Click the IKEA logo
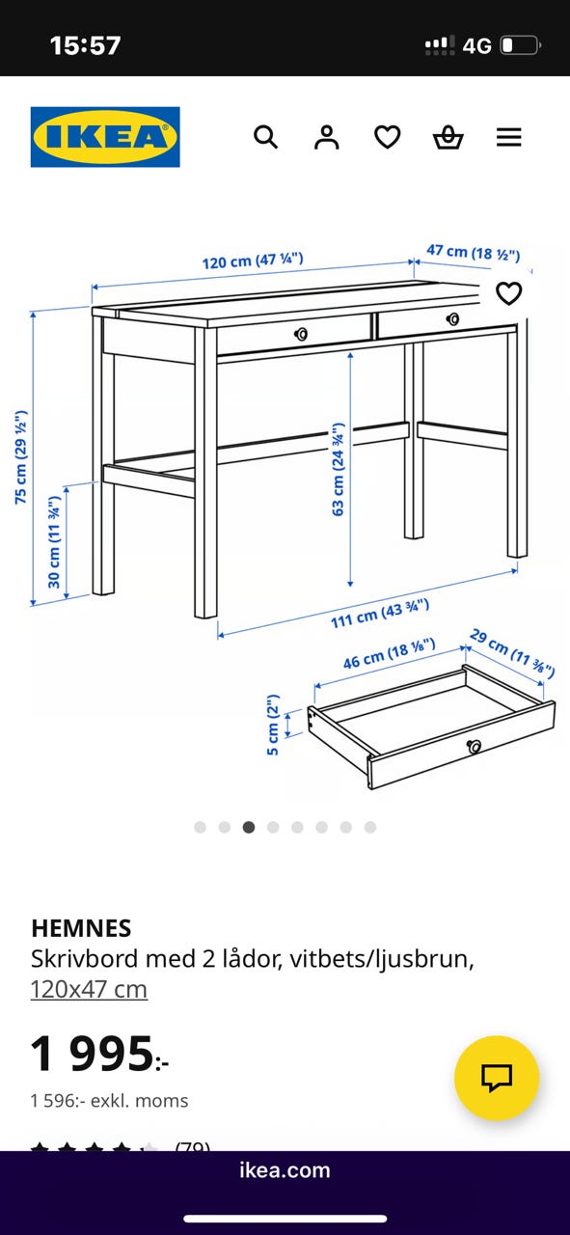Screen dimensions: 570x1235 pos(105,137)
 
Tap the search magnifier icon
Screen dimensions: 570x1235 pos(265,137)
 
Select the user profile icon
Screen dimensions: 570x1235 pos(327,137)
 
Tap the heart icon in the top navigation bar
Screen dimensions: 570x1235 pos(388,137)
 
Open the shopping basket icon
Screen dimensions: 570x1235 pos(448,137)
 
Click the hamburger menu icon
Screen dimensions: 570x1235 pos(509,137)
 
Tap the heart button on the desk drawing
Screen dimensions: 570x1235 pos(509,293)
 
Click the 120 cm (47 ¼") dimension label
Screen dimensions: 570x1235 pos(253,261)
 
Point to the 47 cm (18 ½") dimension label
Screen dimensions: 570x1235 pos(473,253)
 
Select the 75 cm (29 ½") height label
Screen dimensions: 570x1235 pos(21,456)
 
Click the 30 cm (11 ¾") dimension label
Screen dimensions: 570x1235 pos(54,542)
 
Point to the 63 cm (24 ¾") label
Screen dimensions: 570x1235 pos(339,469)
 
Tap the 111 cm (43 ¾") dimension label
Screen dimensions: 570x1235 pos(380,614)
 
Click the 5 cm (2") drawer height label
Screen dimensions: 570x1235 pos(273,725)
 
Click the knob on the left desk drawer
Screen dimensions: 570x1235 pos(301,334)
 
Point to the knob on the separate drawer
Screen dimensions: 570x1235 pos(475,747)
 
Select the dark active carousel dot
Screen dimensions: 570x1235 pos(249,827)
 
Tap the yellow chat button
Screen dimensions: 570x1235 pos(497,1078)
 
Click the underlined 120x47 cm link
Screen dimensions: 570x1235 pos(89,989)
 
